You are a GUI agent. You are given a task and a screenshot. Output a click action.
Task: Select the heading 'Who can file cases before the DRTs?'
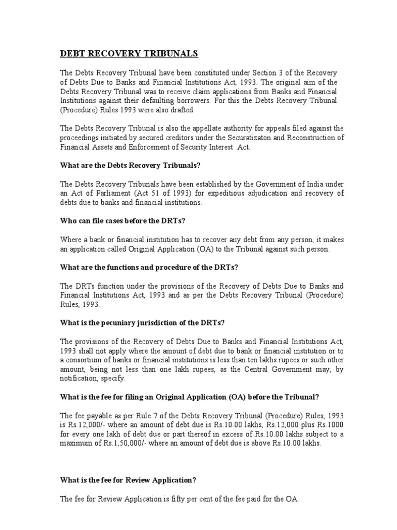[123, 221]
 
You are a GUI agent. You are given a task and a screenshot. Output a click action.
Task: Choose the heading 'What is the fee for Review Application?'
[128, 480]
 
